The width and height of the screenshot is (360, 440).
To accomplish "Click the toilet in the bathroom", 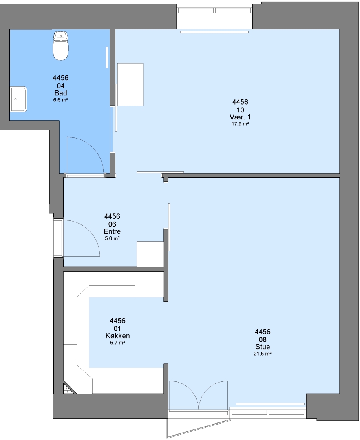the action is pos(61,46).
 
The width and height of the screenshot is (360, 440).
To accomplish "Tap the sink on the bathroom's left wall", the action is pos(18,99).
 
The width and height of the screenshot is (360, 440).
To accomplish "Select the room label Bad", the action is pos(61,93).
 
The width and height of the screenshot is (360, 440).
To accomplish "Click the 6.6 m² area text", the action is pos(61,100).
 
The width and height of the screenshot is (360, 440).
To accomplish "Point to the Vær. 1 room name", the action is pos(240,117).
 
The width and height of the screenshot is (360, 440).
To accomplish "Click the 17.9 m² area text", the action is pos(240,124).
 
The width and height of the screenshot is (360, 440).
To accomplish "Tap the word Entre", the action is pos(113,231).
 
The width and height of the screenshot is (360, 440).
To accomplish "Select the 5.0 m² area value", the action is pos(113,238).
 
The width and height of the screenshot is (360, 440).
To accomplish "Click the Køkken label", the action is pos(118,336).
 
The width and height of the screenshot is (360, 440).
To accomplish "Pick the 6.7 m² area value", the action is pos(118,343).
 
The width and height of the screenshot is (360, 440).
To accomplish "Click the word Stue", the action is pos(263,347).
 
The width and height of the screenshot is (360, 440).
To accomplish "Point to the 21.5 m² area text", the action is pos(263,354).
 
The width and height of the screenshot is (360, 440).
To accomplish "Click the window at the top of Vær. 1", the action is pos(214,10).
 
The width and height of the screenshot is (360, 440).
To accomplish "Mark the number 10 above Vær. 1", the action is pos(240,110).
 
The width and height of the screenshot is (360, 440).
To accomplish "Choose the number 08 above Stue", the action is pos(263,340).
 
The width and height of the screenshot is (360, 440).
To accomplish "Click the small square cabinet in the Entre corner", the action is pos(150,254).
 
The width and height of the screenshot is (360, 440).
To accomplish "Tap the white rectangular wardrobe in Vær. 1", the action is pos(130,84).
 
